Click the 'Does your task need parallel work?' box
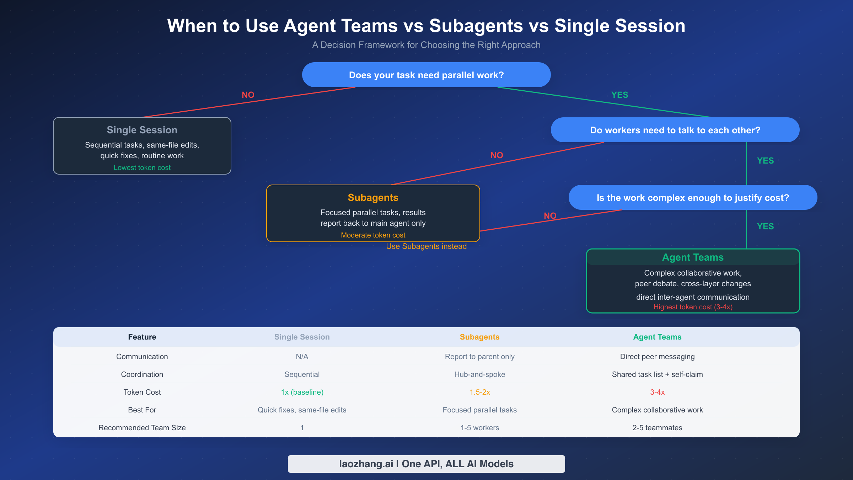pyautogui.click(x=426, y=75)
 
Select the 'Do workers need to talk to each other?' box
pyautogui.click(x=675, y=130)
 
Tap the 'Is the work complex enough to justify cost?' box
pyautogui.click(x=693, y=198)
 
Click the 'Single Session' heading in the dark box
pyautogui.click(x=142, y=130)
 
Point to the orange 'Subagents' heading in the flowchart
pyautogui.click(x=373, y=198)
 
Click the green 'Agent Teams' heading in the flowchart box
pyautogui.click(x=693, y=257)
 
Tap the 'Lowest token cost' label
pyautogui.click(x=142, y=167)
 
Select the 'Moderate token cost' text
pyautogui.click(x=373, y=235)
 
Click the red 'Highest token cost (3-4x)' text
pyautogui.click(x=693, y=307)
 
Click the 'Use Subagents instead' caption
pyautogui.click(x=426, y=246)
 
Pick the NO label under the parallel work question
pyautogui.click(x=248, y=95)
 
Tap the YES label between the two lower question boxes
pyautogui.click(x=765, y=161)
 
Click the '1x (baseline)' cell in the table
pyautogui.click(x=302, y=392)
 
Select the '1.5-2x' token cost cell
pyautogui.click(x=479, y=392)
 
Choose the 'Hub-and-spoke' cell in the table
pyautogui.click(x=479, y=374)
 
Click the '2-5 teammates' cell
pyautogui.click(x=657, y=428)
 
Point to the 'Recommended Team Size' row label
pyautogui.click(x=142, y=428)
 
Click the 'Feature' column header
pyautogui.click(x=142, y=337)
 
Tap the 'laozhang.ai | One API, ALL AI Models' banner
pyautogui.click(x=426, y=464)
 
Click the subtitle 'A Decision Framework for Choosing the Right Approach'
pyautogui.click(x=426, y=45)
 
